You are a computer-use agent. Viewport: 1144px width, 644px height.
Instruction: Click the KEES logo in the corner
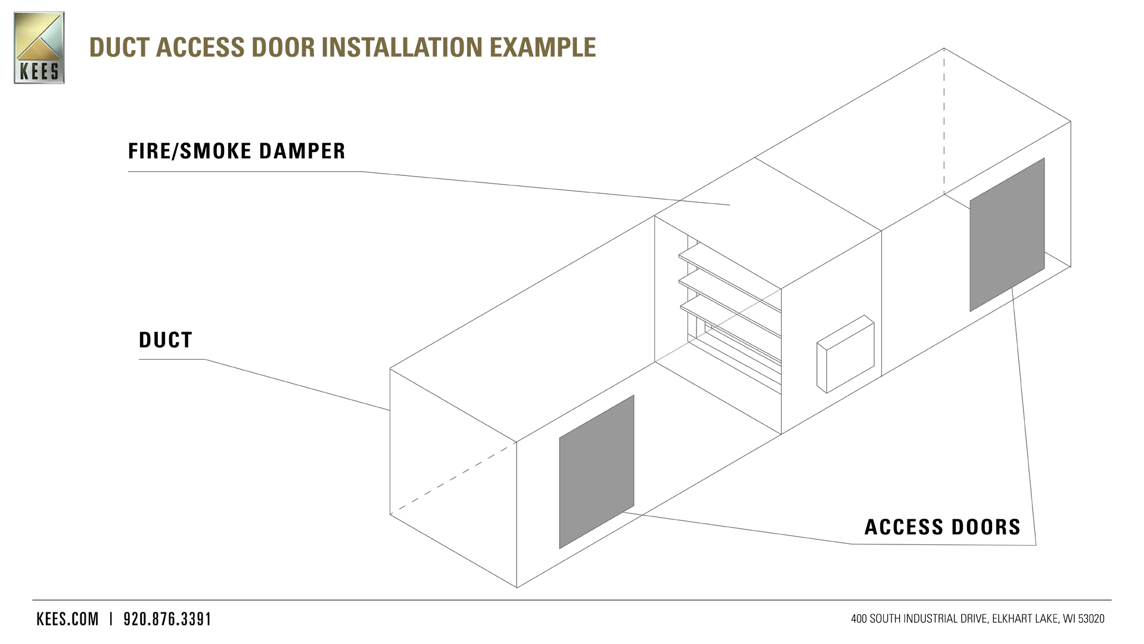pyautogui.click(x=39, y=48)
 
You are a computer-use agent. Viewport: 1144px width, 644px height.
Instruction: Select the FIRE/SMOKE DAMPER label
pyautogui.click(x=237, y=151)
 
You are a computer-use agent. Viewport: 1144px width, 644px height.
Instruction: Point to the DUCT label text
pyautogui.click(x=166, y=340)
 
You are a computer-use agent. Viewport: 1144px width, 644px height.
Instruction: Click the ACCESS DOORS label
pyautogui.click(x=943, y=527)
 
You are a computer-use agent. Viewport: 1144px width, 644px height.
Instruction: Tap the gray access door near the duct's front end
pyautogui.click(x=596, y=471)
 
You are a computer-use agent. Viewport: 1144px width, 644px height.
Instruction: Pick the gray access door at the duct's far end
pyautogui.click(x=1007, y=234)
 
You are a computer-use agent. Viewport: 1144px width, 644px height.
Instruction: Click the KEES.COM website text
pyautogui.click(x=67, y=620)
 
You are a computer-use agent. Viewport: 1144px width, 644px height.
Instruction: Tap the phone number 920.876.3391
pyautogui.click(x=167, y=620)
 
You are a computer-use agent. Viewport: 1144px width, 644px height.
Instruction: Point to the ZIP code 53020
pyautogui.click(x=1092, y=620)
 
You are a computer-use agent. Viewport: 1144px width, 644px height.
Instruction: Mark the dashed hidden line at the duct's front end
pyautogui.click(x=453, y=478)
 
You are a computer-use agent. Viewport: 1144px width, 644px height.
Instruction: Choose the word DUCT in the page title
pyautogui.click(x=119, y=48)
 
